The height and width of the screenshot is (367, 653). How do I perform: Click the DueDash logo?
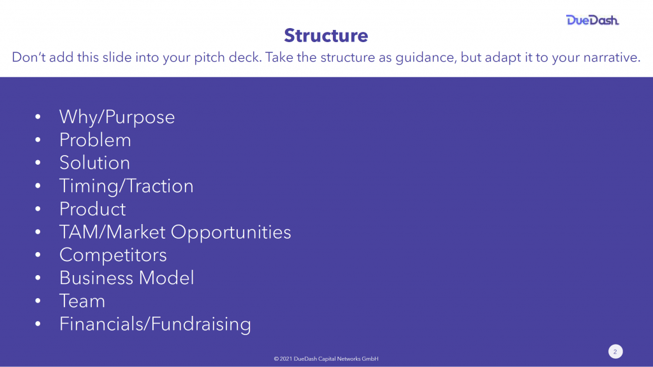click(x=592, y=20)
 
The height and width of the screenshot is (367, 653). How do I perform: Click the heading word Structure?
click(x=326, y=36)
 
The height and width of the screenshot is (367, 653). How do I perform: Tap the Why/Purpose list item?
click(x=117, y=117)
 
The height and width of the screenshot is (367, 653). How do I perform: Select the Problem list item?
click(x=95, y=140)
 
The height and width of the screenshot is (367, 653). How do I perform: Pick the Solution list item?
click(x=94, y=163)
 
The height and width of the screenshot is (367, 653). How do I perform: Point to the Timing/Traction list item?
click(x=126, y=186)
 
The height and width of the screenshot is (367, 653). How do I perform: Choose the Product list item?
click(x=92, y=209)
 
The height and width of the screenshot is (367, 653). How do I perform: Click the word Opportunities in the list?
click(x=231, y=232)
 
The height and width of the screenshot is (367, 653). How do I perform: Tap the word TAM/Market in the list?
click(x=112, y=232)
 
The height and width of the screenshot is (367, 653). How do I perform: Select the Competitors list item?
click(x=113, y=255)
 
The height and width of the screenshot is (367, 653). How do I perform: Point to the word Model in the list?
click(x=166, y=278)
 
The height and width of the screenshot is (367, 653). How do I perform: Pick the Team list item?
click(x=82, y=301)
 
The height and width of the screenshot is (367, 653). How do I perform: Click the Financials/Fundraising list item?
click(x=155, y=324)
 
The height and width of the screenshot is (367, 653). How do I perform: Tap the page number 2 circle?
click(x=615, y=352)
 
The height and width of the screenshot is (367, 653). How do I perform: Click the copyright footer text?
click(x=326, y=359)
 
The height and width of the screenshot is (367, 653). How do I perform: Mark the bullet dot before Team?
click(x=38, y=301)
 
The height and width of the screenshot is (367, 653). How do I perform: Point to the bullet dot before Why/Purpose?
click(x=38, y=116)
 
